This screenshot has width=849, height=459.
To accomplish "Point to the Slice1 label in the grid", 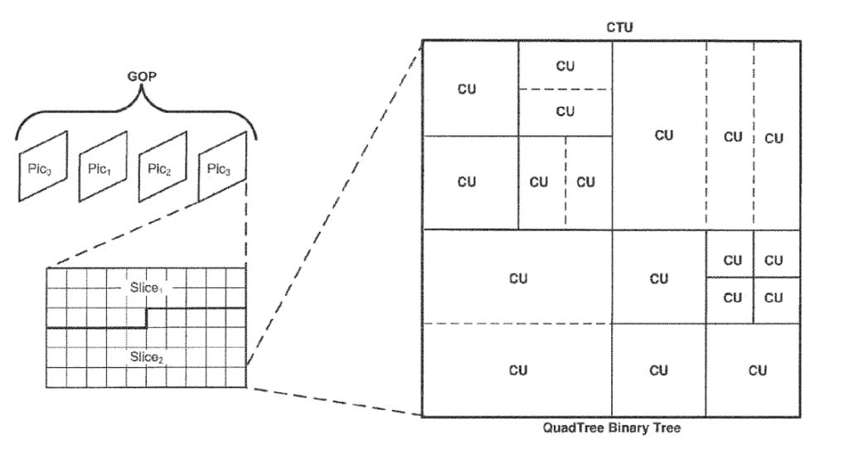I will click(x=147, y=287).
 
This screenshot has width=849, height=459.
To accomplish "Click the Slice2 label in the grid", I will click(x=147, y=357).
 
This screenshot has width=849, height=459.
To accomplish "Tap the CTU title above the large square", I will click(x=619, y=27).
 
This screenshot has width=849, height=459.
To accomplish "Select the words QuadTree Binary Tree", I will click(x=612, y=428).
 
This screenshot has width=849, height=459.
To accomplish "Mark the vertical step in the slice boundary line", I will click(x=148, y=317).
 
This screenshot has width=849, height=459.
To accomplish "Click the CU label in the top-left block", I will click(x=468, y=89).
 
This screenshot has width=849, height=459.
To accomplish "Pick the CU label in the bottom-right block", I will click(x=757, y=370).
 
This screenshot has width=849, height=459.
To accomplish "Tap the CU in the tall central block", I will click(x=663, y=135).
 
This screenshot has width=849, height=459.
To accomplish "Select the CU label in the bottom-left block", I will click(x=517, y=370).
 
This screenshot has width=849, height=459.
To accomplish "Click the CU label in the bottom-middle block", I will click(x=658, y=370).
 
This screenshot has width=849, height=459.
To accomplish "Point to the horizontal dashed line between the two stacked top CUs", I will click(x=565, y=89).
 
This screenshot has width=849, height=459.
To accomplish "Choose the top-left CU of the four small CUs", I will click(x=732, y=260).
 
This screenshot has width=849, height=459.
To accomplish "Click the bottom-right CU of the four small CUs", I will click(x=774, y=297).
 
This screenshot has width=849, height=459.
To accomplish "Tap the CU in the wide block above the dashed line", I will click(x=517, y=278).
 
